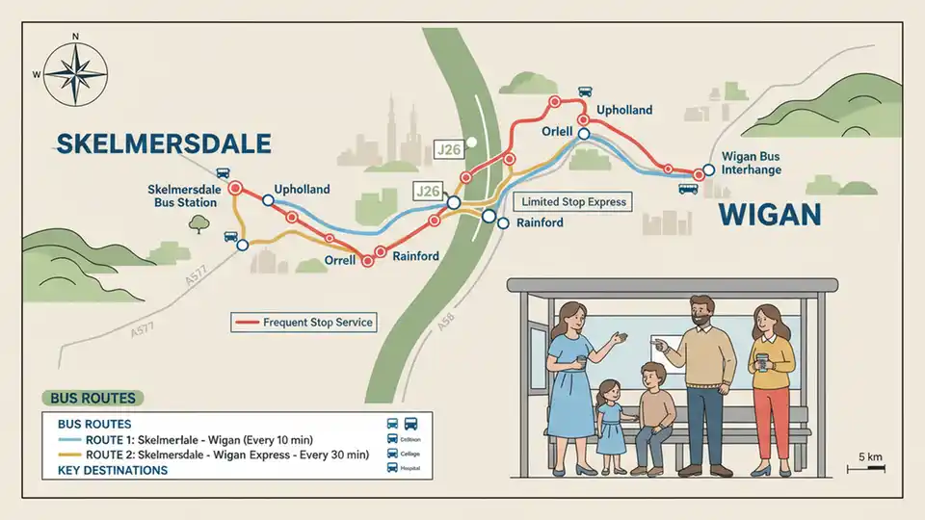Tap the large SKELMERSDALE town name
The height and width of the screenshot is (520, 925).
[x=164, y=144]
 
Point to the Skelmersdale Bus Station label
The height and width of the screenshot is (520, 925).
[x=183, y=195]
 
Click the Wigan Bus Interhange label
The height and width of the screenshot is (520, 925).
[x=752, y=164]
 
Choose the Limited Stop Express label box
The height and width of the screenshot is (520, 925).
[x=574, y=202]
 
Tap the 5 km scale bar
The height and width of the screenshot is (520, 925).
[x=865, y=467]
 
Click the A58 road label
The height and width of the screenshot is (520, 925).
[x=445, y=324]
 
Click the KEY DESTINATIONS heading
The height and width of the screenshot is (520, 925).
[x=113, y=470]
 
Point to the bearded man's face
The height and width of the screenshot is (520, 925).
[x=702, y=314]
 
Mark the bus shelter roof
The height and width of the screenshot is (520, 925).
[x=686, y=285]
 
